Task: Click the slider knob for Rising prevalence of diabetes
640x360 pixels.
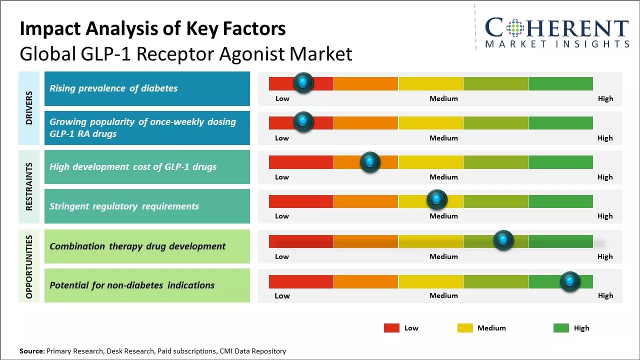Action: click(303, 82)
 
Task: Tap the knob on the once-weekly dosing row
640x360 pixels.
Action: click(303, 121)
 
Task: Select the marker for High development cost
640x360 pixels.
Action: click(370, 161)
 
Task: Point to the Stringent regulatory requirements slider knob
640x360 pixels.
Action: click(437, 200)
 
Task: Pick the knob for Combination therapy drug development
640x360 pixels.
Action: click(503, 240)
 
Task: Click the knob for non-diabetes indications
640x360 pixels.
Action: click(570, 281)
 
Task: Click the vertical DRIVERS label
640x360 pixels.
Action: click(29, 108)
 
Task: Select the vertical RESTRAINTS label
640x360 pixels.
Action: click(29, 186)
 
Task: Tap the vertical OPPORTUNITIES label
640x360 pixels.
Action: click(29, 266)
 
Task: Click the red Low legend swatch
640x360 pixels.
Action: click(391, 328)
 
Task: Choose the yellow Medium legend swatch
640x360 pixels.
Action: click(465, 328)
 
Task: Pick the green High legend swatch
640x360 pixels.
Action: click(561, 328)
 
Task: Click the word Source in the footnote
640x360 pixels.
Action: click(31, 351)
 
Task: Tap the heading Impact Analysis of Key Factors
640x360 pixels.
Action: click(152, 29)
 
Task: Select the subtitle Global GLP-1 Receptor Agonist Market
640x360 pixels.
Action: click(186, 54)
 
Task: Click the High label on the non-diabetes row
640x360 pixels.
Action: click(605, 295)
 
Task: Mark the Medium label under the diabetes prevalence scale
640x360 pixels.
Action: click(443, 98)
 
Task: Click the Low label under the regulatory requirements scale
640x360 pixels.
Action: click(282, 216)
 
